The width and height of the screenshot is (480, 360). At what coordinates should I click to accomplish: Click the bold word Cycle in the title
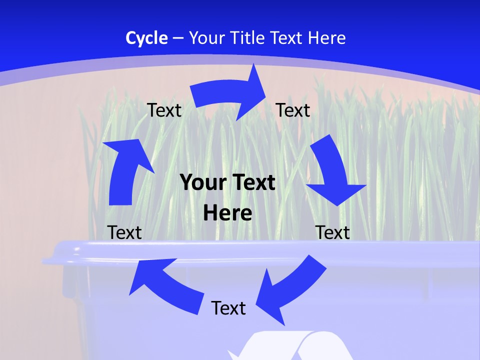coord(146,38)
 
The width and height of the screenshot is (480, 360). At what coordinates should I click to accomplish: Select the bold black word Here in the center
coord(227,213)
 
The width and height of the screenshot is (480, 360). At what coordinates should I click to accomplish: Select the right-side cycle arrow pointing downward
coord(333,172)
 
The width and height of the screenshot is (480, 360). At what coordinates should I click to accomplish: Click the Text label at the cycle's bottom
coord(228,308)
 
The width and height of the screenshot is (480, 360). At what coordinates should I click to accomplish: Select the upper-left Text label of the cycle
coord(164,110)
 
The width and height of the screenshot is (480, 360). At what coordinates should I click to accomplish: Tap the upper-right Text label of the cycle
coord(293,110)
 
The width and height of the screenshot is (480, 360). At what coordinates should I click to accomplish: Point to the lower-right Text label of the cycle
coord(332,232)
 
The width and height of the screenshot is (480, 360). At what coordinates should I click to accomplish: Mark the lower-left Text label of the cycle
coord(124,232)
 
